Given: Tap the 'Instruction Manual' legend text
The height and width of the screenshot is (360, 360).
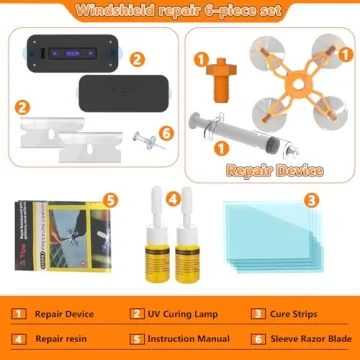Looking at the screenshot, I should pos(187,340).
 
